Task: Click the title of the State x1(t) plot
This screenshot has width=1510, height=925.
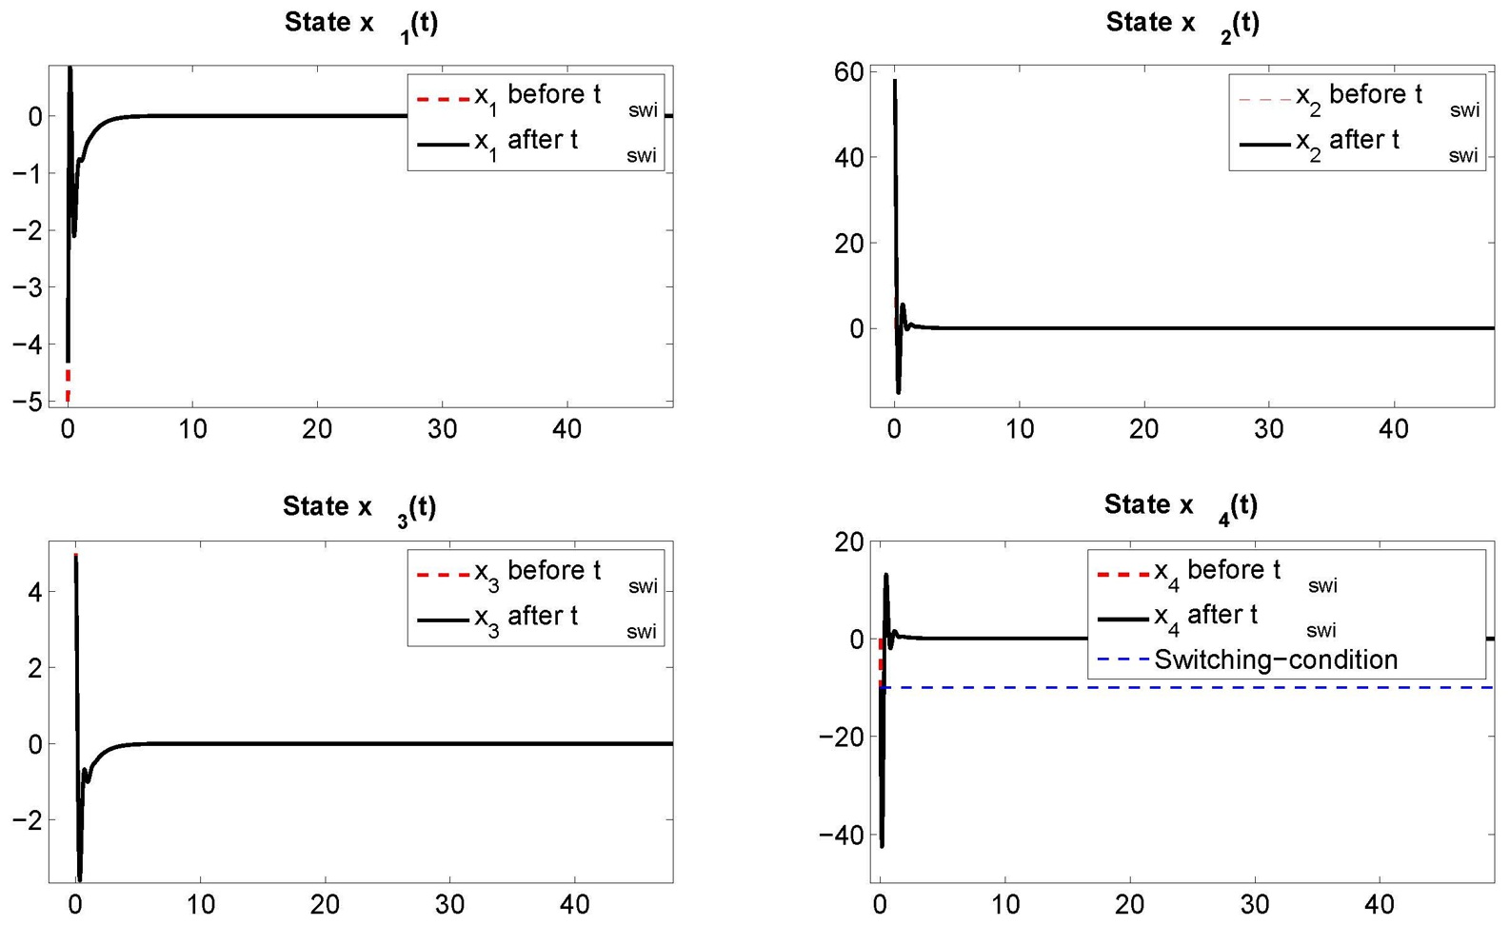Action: [x=361, y=24]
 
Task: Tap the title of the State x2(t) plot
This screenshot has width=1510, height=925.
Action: [x=1182, y=24]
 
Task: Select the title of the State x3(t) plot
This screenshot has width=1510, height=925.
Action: [x=359, y=507]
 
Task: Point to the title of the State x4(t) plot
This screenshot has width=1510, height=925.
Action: [x=1181, y=505]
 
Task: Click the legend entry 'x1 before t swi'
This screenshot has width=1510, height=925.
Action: [x=538, y=97]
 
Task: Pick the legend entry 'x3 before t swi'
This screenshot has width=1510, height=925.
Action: [x=538, y=573]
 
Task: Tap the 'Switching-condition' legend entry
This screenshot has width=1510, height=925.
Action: [x=1276, y=659]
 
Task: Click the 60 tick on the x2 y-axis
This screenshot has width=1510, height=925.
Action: [x=848, y=72]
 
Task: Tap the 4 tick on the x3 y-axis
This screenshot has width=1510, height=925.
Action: [x=35, y=592]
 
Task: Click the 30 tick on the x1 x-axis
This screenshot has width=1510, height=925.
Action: [x=442, y=429]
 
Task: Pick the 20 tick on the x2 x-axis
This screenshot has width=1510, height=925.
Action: [x=1143, y=429]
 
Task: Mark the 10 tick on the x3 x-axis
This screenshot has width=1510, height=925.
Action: [x=200, y=904]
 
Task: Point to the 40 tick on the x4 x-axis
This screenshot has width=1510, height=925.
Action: [x=1380, y=904]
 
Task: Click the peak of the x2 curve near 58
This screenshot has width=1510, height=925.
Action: [x=895, y=81]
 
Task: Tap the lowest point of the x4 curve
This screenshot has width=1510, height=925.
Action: [x=883, y=845]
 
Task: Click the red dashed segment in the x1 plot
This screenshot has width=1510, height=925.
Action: [x=68, y=385]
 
